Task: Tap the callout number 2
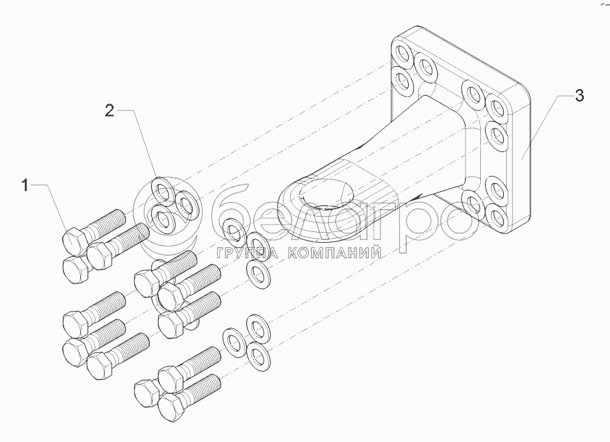pyautogui.click(x=110, y=110)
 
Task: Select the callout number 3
pyautogui.click(x=579, y=96)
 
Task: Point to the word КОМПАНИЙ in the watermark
pyautogui.click(x=334, y=253)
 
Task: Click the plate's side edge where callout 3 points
pyautogui.click(x=524, y=154)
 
